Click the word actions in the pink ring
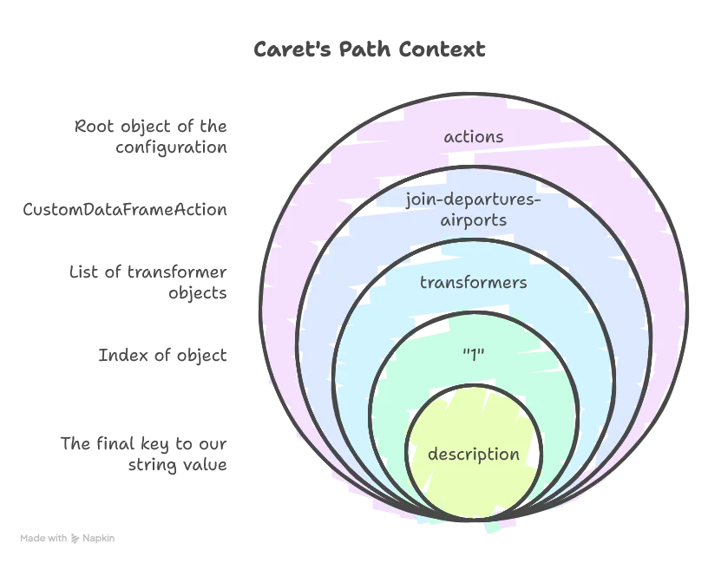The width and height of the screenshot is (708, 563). coord(473,137)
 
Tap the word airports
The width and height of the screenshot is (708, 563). coord(473,220)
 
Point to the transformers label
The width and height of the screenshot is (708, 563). coord(473,282)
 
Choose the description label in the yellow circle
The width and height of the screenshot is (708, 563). coord(473,455)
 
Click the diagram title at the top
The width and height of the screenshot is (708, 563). coord(368,49)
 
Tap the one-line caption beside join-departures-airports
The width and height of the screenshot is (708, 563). coord(125,211)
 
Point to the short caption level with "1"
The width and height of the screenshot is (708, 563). coord(162,357)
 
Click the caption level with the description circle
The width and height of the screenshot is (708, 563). coord(143,451)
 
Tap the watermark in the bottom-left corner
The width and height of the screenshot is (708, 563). coord(67,538)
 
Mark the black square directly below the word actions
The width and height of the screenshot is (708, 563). coord(461,159)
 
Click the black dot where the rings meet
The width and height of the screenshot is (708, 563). coord(526,510)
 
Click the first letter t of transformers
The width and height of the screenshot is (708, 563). coord(423,282)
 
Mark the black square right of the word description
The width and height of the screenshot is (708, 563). coord(538,452)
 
